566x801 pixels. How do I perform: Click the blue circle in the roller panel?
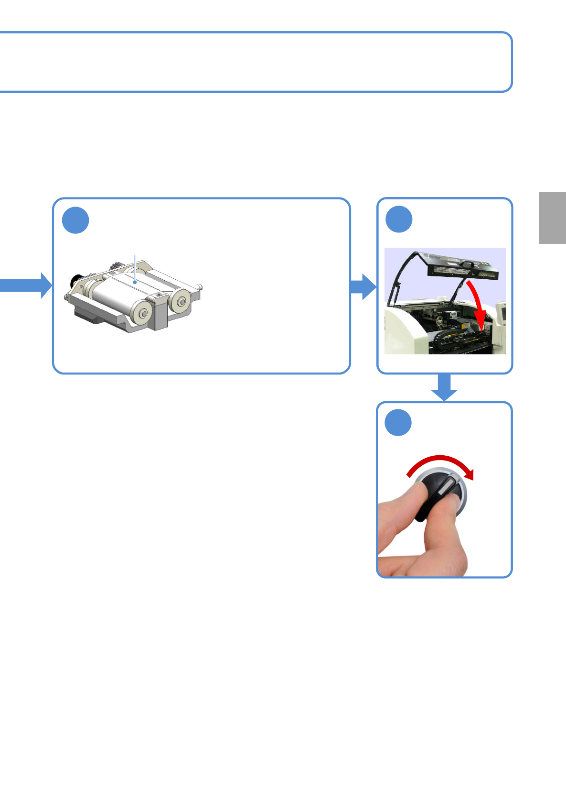[75, 220]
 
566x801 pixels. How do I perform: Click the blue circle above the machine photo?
[399, 219]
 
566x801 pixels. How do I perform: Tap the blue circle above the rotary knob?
[398, 422]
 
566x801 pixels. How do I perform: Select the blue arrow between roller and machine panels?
[363, 286]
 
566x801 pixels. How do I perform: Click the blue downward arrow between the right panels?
[444, 386]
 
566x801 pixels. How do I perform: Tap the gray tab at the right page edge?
[552, 218]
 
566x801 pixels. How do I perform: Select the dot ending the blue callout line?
[136, 282]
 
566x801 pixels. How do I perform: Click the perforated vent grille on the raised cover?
[461, 273]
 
